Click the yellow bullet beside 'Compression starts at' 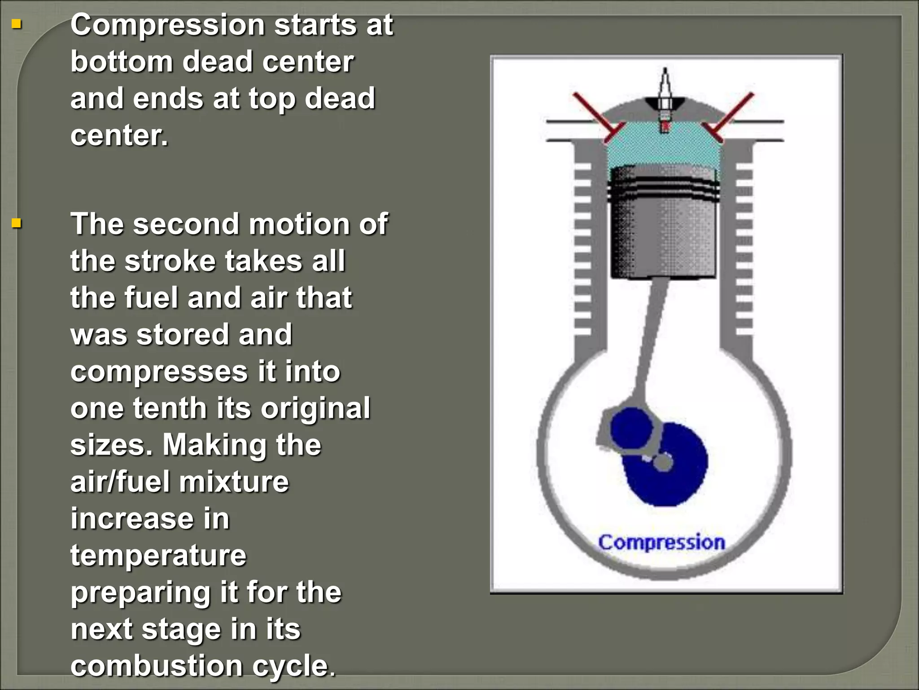point(17,24)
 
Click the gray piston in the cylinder point(663,225)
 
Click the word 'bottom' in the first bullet point(122,62)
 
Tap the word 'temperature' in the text point(158,556)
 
